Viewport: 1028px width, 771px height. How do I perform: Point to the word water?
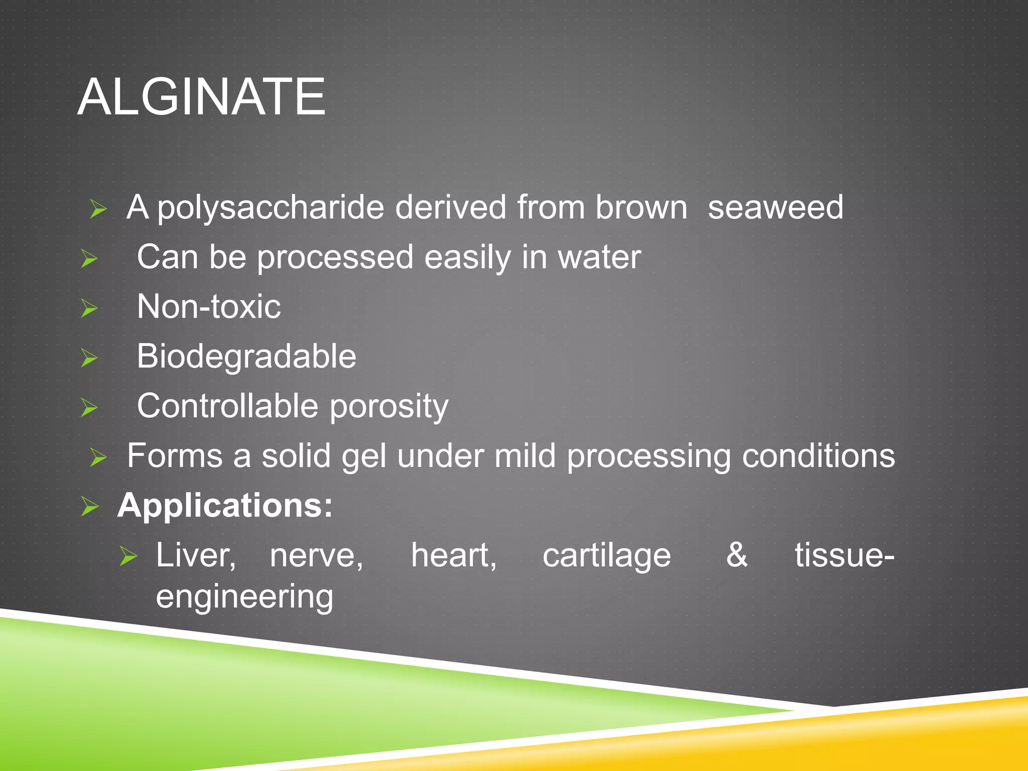click(x=599, y=258)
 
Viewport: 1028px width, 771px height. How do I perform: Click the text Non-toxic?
click(x=209, y=307)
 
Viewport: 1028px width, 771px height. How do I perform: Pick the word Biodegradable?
click(x=246, y=356)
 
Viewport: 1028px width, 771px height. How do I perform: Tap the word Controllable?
click(x=228, y=406)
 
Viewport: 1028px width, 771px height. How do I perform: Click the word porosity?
click(x=389, y=407)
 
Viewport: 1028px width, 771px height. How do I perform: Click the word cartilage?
click(x=606, y=556)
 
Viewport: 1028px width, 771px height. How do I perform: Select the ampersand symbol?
click(x=737, y=555)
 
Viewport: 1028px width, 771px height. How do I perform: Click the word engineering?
click(x=244, y=597)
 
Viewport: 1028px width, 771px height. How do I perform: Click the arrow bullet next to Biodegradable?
click(x=89, y=358)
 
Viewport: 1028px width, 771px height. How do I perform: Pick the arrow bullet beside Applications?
click(x=90, y=506)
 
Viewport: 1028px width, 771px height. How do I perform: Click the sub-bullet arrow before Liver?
click(x=128, y=556)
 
